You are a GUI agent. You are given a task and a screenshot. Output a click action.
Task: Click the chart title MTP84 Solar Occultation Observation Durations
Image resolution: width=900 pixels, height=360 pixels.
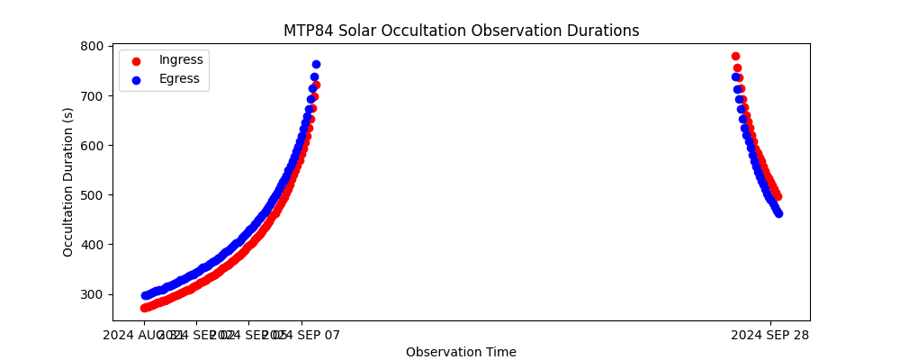(x=461, y=31)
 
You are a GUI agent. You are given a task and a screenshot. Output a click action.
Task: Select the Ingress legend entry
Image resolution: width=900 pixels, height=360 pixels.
(x=179, y=60)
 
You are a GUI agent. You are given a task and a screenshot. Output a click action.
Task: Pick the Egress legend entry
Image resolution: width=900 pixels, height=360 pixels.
(x=179, y=78)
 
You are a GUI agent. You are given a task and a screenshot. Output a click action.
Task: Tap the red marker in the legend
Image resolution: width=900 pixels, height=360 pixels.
(x=137, y=61)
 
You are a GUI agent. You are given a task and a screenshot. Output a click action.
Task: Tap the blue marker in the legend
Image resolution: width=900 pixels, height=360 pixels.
(x=137, y=79)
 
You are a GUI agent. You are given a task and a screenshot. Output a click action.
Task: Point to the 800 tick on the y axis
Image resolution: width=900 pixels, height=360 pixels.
(x=94, y=46)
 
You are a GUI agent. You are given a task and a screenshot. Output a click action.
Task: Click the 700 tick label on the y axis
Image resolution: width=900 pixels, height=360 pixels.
(x=94, y=95)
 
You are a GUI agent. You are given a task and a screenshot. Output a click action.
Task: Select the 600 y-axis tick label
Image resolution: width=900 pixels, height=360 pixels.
(x=94, y=145)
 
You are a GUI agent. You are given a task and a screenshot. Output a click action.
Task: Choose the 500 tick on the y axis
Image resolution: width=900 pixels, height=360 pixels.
(x=94, y=194)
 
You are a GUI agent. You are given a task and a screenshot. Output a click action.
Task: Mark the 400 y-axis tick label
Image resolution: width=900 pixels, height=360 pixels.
(x=94, y=244)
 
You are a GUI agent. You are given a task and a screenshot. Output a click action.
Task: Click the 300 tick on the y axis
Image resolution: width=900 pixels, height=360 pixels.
(x=94, y=294)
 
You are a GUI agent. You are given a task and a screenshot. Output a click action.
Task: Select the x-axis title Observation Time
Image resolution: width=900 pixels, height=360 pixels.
(x=461, y=352)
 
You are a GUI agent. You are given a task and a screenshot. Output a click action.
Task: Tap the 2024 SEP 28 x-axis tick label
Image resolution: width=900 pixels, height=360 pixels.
(x=770, y=335)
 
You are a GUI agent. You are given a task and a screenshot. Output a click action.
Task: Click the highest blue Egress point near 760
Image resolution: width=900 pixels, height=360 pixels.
(x=316, y=65)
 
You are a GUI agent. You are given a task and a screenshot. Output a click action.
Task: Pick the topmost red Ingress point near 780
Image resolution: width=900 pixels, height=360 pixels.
(x=735, y=56)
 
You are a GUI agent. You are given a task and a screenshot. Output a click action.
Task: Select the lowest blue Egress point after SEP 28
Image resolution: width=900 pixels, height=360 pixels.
(x=778, y=213)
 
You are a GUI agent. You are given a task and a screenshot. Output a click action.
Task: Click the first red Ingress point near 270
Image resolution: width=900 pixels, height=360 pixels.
(x=144, y=308)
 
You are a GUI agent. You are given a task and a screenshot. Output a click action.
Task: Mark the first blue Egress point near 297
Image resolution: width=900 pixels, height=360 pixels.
(x=144, y=295)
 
